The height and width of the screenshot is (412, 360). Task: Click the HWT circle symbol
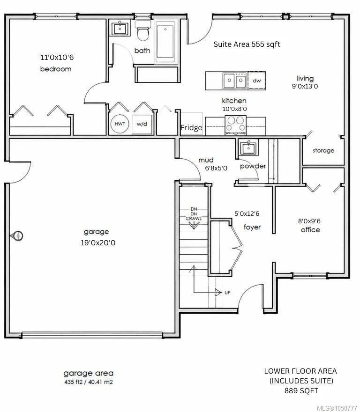click(120, 124)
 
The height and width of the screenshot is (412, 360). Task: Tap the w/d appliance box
click(142, 124)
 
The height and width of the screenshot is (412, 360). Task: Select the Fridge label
click(191, 128)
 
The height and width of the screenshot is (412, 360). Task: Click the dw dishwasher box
click(256, 81)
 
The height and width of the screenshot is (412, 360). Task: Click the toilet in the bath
click(143, 31)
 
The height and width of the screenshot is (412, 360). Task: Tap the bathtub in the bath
click(165, 42)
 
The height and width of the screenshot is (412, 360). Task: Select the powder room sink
click(248, 147)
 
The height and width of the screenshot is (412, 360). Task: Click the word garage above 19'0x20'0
click(96, 232)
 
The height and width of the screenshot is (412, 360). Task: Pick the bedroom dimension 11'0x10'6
click(57, 57)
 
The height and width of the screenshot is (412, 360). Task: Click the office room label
click(310, 230)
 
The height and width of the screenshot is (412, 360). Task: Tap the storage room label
click(323, 151)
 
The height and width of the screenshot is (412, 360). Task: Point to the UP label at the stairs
click(227, 293)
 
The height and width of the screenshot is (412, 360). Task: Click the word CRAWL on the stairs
click(194, 218)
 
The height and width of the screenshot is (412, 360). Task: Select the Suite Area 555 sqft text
click(247, 44)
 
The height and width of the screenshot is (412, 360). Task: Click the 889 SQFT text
click(301, 391)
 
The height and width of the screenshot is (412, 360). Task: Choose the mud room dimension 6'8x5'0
click(216, 168)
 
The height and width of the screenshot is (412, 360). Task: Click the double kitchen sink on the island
click(235, 81)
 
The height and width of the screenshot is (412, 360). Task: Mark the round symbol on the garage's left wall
click(16, 235)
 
